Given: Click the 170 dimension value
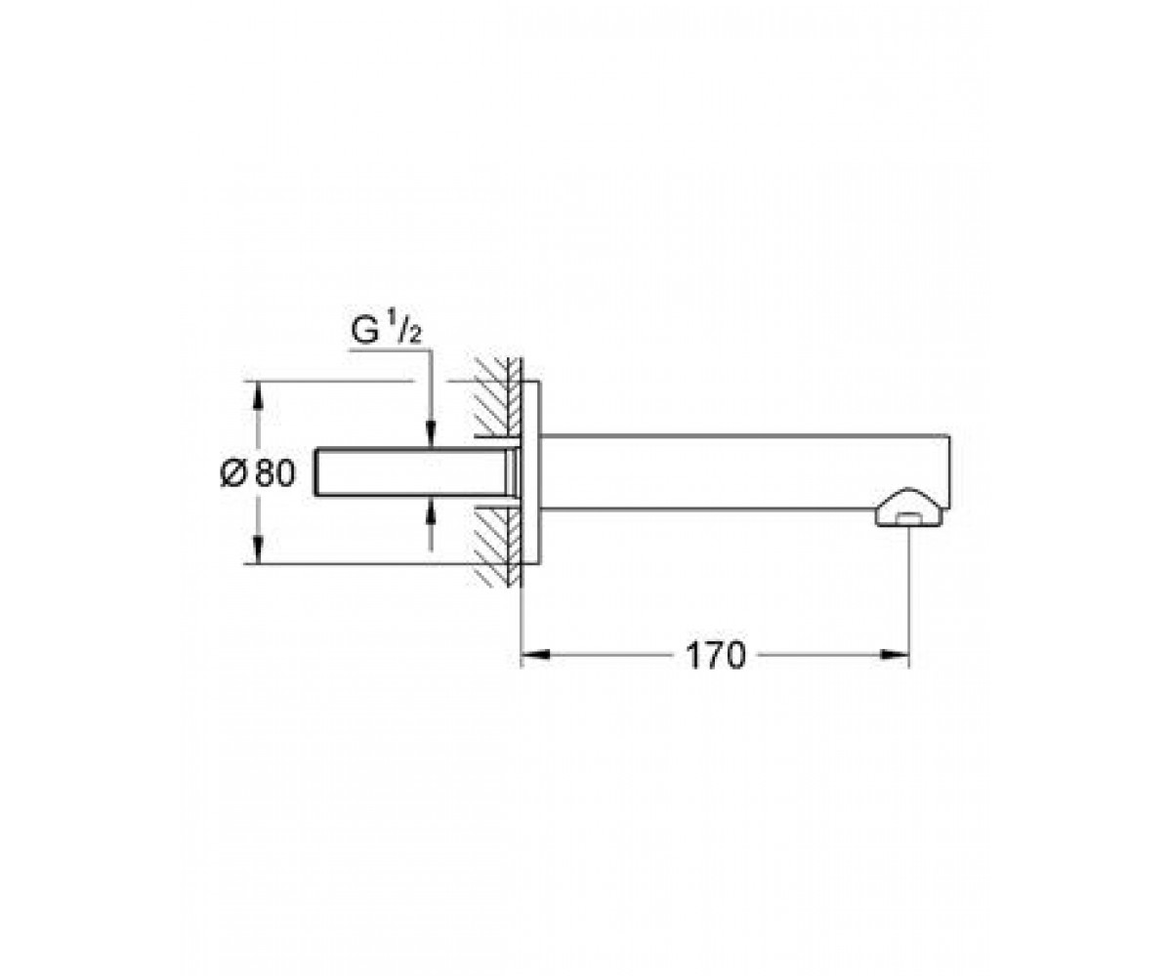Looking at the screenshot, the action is point(716,655).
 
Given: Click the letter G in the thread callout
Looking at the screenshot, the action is point(365,331).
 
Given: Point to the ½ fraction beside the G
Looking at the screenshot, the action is point(404,330).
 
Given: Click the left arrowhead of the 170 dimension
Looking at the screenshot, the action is point(535,655).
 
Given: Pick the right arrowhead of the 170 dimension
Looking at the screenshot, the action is point(896,655).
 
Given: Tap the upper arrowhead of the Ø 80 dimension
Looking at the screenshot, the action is point(258,395).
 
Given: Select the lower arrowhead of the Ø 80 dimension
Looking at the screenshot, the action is point(258,549).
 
